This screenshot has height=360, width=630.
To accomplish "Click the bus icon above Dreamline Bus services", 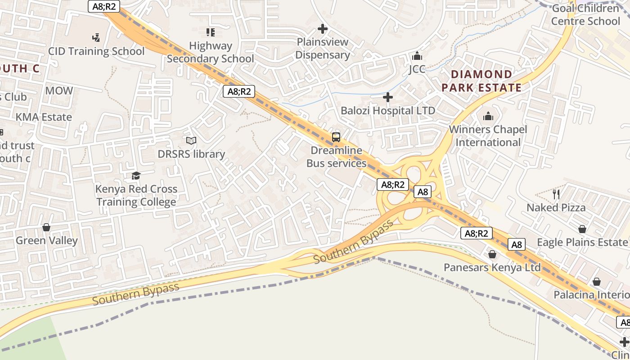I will [336, 137].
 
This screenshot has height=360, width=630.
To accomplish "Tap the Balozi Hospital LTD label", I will [387, 111].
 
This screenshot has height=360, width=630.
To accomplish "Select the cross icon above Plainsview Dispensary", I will [322, 29].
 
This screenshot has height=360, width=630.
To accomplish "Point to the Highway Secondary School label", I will [211, 52].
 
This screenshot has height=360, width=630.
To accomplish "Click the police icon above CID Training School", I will [96, 37].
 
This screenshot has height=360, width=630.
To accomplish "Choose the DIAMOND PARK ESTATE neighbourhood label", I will [481, 81].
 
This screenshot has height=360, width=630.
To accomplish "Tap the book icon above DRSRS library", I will [191, 141].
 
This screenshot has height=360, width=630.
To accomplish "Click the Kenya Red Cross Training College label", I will [136, 195].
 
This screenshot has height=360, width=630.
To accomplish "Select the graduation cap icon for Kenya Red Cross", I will [136, 175].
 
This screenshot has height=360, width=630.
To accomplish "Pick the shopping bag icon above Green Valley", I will [46, 227].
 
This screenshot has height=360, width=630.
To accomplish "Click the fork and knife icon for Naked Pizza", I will [556, 194].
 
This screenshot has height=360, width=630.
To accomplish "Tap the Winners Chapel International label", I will [488, 136].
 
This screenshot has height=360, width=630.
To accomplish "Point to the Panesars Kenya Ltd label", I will [492, 267].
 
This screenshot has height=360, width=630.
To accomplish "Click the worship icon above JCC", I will [417, 56].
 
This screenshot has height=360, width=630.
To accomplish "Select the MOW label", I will [59, 90].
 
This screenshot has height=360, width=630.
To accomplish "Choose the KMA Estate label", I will [44, 117].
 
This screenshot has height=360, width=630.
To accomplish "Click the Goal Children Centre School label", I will [585, 15].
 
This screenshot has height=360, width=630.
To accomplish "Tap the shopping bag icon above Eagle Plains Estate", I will [582, 229].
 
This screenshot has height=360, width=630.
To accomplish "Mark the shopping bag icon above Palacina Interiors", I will [596, 282].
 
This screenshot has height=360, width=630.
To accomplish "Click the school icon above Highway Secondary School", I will [210, 32].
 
